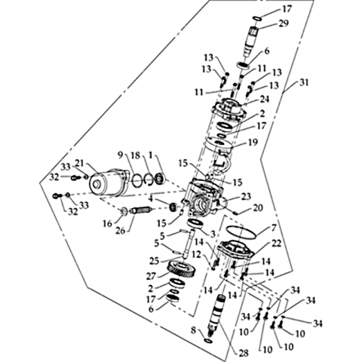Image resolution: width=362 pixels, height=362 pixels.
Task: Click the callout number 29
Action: (284, 23)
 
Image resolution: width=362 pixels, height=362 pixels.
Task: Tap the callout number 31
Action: (303, 82)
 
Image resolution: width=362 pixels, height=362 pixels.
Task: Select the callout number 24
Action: (263, 99)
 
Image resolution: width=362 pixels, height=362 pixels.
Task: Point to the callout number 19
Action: (253, 143)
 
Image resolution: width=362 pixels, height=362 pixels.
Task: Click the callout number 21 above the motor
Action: (79, 164)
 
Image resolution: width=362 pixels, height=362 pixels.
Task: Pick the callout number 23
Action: (246, 196)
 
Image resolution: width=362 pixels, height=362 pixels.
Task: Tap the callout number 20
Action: (258, 207)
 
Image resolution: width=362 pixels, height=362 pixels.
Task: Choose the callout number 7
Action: (273, 228)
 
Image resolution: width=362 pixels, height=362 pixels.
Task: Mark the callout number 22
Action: (276, 243)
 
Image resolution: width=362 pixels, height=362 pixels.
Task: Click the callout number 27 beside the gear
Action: (152, 276)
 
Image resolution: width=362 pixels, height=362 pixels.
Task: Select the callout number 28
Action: (243, 353)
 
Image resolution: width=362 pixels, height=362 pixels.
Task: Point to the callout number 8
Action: (193, 330)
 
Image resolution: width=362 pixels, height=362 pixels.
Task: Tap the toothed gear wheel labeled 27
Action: (182, 269)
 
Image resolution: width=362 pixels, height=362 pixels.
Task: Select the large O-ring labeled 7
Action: (241, 232)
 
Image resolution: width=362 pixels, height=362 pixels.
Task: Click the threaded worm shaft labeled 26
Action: (140, 210)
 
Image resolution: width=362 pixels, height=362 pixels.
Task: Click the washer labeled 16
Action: (124, 212)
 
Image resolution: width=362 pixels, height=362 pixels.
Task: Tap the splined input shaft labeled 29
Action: (252, 41)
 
